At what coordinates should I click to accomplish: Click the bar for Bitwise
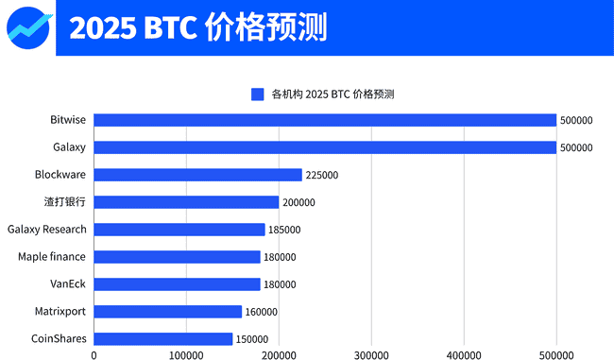click(x=325, y=120)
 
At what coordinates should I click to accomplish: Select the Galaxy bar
click(x=325, y=147)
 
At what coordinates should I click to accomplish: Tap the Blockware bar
click(x=198, y=175)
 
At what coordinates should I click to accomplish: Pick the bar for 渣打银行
click(x=186, y=202)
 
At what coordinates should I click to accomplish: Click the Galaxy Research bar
click(x=179, y=230)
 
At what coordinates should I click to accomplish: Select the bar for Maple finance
click(x=177, y=257)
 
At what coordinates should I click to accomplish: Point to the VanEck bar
click(x=177, y=284)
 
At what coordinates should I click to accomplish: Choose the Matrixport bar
click(x=168, y=312)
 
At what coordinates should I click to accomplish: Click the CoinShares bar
click(x=163, y=339)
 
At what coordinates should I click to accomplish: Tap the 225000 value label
click(x=322, y=175)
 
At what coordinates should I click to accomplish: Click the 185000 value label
click(x=285, y=230)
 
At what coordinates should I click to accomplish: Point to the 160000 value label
click(x=262, y=312)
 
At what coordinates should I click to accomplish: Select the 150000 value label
click(x=252, y=339)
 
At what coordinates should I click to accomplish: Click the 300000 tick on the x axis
click(x=371, y=355)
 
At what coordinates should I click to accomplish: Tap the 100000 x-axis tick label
click(x=186, y=355)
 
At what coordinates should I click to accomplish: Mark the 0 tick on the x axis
click(x=94, y=355)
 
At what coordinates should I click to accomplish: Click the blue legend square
click(x=257, y=94)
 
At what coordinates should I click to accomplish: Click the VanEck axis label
click(x=68, y=284)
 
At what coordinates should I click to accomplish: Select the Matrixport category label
click(x=60, y=312)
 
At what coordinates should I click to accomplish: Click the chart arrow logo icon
click(x=27, y=26)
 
